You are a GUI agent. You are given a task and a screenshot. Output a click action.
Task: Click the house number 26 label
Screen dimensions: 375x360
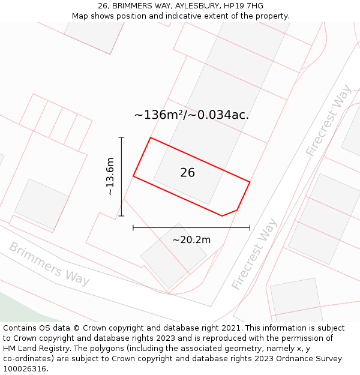pos(187,173)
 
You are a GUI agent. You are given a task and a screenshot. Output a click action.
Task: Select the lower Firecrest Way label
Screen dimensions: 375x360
pos(254,254)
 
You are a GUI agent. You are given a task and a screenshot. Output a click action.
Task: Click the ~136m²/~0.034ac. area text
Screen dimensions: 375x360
pos(191,115)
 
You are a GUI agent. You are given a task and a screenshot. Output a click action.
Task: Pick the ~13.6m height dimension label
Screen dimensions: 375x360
pos(110,176)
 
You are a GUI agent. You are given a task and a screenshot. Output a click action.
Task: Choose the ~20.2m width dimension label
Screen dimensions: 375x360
pos(191,240)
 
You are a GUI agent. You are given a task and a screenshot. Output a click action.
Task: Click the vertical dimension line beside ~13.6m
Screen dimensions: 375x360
pos(122,176)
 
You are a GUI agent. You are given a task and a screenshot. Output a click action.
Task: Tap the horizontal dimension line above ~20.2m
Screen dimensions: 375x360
pos(191,227)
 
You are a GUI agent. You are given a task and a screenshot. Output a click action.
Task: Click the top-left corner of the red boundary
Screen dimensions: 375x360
pos(150,138)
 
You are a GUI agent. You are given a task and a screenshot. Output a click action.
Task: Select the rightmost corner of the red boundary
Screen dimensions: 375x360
pos(250,182)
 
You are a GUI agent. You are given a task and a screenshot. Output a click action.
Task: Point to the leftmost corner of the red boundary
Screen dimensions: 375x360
pos(133,176)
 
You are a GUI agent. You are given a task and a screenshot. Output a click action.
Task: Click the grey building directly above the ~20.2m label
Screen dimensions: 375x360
pos(174,254)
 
